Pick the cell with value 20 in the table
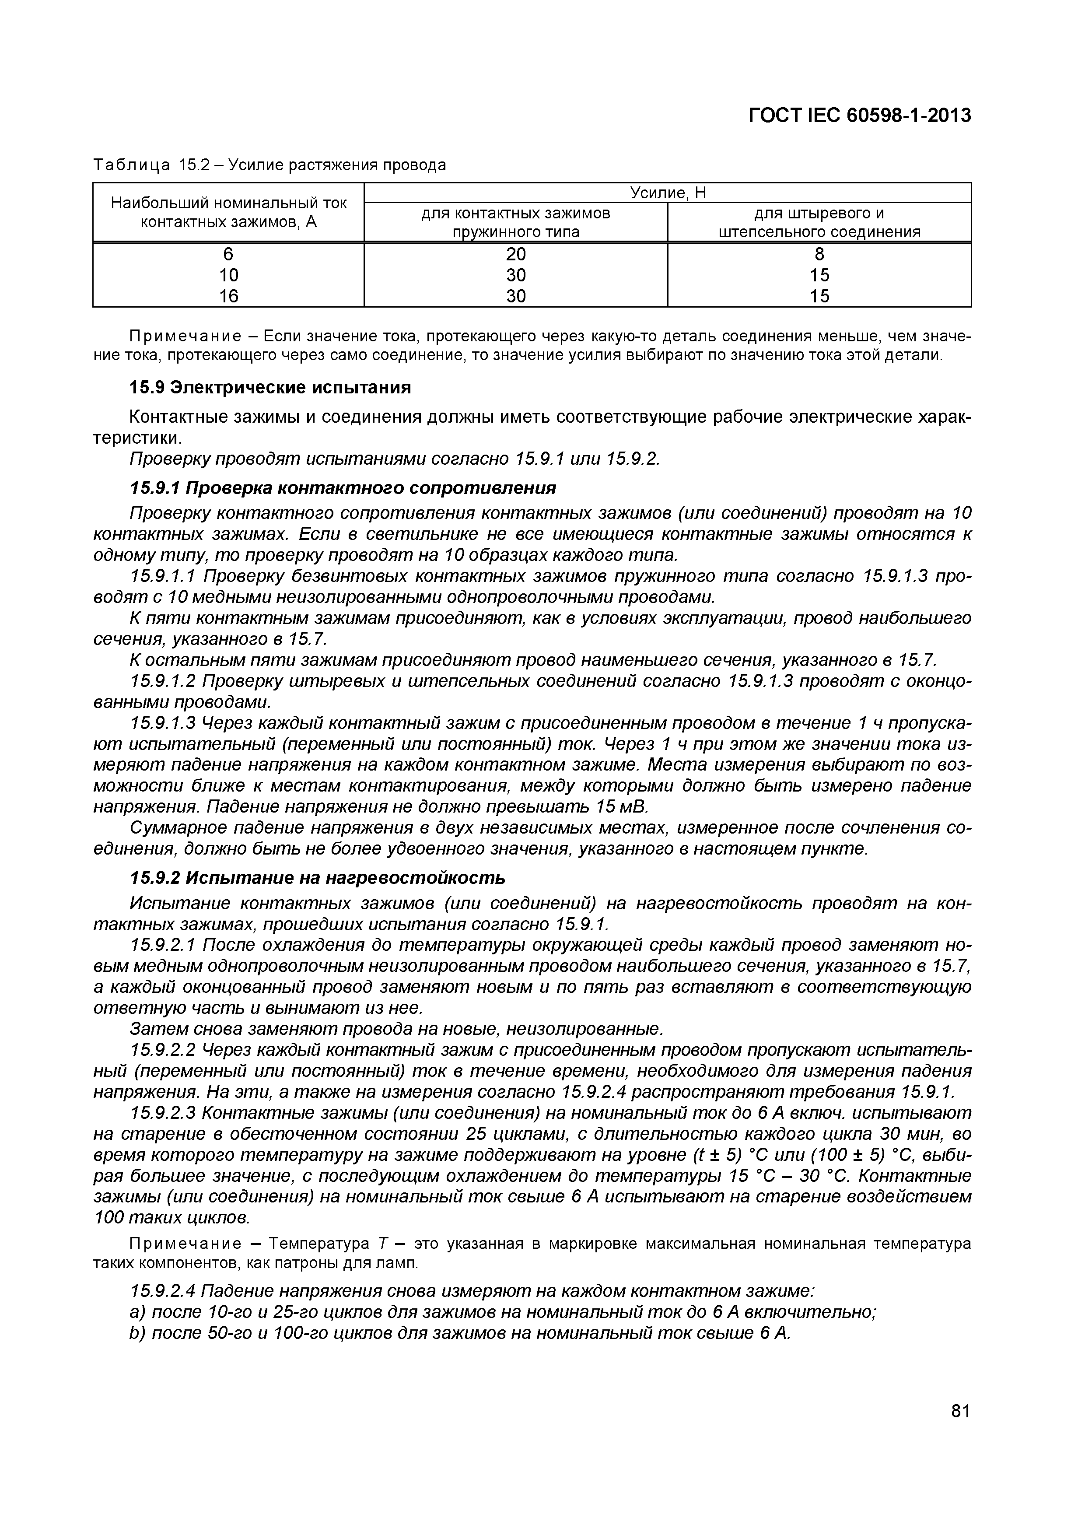pos(515,254)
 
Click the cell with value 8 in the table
pos(819,254)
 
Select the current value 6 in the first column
pos(229,254)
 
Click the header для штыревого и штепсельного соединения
pos(819,223)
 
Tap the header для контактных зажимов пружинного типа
pos(515,223)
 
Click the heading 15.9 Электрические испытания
pos(269,388)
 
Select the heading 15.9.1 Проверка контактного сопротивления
pos(342,489)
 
